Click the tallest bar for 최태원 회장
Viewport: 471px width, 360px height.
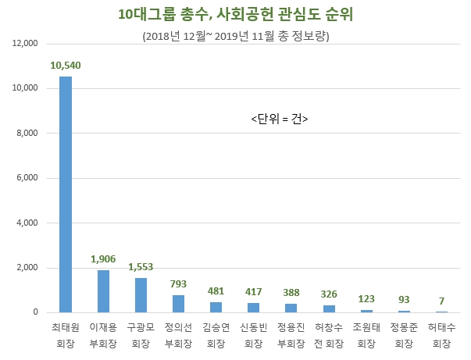point(66,195)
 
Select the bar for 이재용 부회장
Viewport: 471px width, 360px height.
point(103,291)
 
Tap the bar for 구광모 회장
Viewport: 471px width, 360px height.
point(141,295)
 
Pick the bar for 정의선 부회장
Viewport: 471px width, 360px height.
point(178,304)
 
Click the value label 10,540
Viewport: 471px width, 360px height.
point(66,66)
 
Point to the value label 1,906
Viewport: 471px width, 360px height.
point(103,258)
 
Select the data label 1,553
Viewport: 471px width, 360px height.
point(141,266)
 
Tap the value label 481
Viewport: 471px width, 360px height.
point(216,290)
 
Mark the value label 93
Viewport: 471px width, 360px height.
point(403,299)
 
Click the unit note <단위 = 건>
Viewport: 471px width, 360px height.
point(280,119)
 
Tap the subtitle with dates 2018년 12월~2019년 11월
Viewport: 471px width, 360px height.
point(235,37)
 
